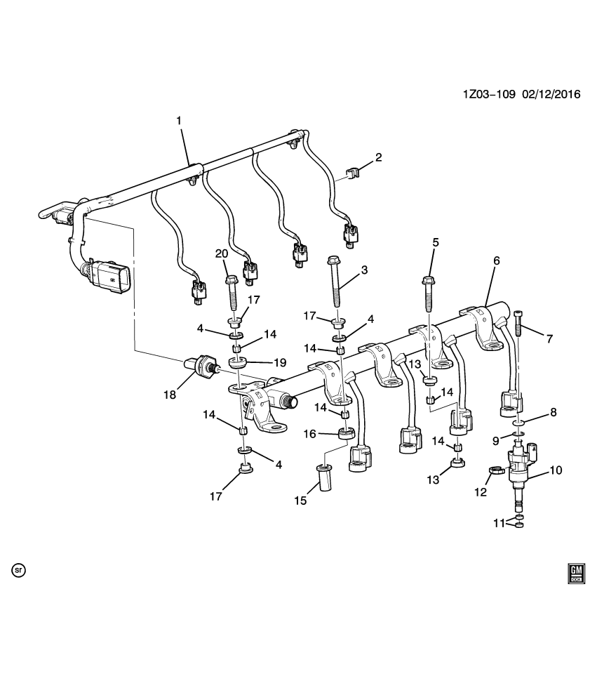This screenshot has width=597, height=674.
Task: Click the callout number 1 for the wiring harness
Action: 178,121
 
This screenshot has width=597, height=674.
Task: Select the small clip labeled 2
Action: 355,171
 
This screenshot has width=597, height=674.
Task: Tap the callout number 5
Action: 436,242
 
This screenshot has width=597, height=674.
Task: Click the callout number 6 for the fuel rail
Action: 496,260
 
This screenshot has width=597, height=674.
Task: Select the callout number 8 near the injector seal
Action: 553,412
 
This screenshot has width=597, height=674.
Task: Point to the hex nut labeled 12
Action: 495,472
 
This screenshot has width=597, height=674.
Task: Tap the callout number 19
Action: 280,363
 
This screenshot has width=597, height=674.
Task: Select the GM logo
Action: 575,574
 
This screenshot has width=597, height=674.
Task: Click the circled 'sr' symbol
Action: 18,570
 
